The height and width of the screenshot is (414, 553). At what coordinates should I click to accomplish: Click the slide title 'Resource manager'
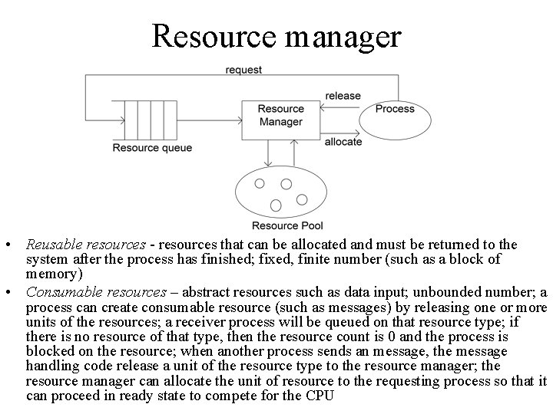coord(276,36)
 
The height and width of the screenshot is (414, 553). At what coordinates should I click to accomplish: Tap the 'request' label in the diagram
coord(243,70)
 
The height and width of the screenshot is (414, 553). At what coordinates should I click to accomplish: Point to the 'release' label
coord(343,96)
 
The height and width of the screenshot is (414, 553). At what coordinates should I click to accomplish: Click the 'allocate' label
coord(343,142)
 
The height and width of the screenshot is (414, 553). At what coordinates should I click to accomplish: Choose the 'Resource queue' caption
coord(152,147)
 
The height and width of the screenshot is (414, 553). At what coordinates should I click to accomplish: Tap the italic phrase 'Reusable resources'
coord(85,245)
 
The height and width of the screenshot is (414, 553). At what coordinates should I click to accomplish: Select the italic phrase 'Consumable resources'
coord(96,292)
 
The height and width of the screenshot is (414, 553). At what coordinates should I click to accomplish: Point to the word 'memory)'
coord(54,274)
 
